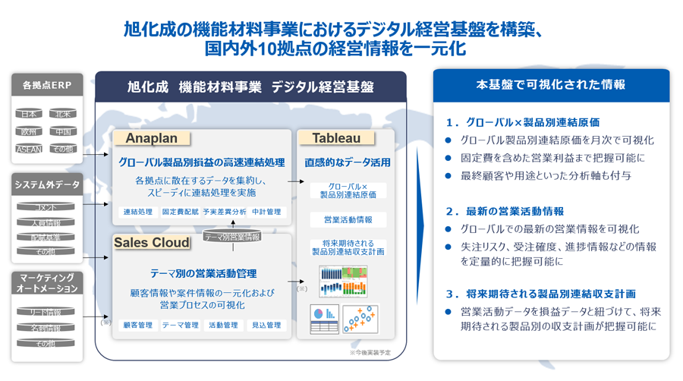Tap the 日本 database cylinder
[x=29, y=114]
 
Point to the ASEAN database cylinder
[x=29, y=150]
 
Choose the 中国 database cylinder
[x=63, y=131]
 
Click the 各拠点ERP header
[x=46, y=86]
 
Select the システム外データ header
[x=46, y=184]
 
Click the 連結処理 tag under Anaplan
[x=138, y=213]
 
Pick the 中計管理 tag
[x=266, y=213]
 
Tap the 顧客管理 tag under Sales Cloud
[x=138, y=325]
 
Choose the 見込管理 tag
[x=266, y=325]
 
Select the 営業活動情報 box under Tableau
[x=348, y=220]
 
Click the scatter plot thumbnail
[x=360, y=320]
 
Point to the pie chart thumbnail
[x=324, y=320]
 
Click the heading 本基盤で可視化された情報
[x=551, y=85]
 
